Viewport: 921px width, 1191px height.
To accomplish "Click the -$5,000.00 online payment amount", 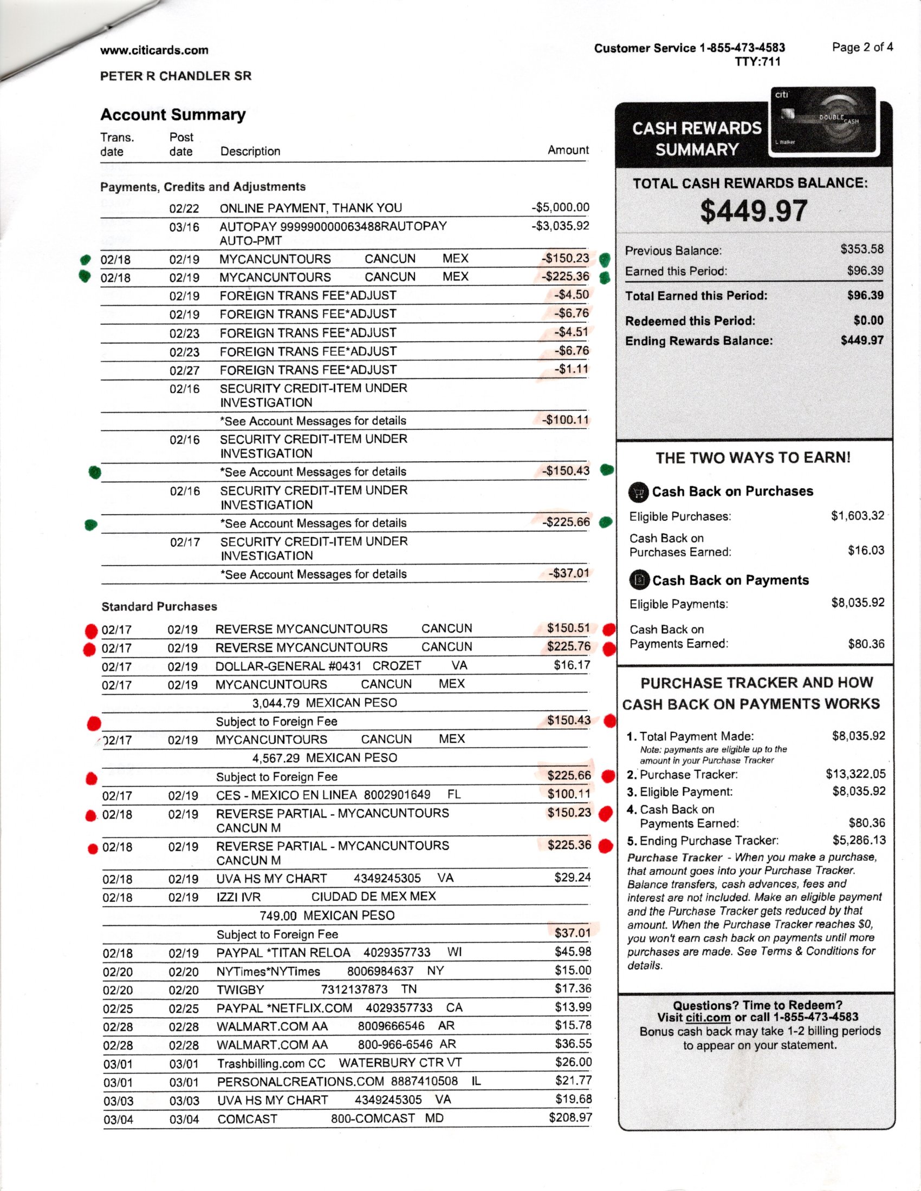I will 560,207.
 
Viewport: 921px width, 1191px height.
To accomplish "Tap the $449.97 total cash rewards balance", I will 754,211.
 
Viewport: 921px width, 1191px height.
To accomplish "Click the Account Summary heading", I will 173,115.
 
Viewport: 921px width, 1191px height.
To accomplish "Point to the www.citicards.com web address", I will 154,50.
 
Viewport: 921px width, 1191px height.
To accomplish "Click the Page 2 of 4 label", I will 862,47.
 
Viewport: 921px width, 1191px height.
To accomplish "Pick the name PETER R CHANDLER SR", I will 176,76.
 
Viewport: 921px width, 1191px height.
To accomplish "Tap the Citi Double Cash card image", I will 822,121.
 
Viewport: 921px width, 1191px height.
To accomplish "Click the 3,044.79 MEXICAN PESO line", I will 325,703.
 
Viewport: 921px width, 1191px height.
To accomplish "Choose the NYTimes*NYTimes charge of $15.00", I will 573,970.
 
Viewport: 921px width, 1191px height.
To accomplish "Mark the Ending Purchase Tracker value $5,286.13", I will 859,840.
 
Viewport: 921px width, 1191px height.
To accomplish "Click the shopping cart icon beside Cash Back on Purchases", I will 638,492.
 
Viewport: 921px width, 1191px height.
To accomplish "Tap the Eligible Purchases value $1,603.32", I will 857,516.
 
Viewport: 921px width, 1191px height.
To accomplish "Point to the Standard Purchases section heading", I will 159,606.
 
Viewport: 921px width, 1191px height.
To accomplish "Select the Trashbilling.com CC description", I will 271,1063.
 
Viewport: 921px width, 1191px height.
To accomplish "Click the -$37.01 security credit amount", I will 569,573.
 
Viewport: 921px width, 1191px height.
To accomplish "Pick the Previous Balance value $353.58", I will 861,249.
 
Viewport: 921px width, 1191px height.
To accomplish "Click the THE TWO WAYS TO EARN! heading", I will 753,457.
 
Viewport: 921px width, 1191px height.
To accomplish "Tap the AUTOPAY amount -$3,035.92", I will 560,226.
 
